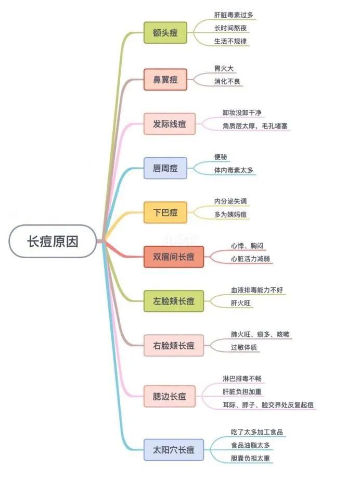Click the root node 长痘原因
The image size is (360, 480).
coord(53,241)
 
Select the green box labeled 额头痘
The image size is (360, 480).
coord(165,32)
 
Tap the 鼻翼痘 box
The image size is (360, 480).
coord(165,80)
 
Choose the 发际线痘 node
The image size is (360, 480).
coord(170,124)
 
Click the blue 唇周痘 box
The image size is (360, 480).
coord(165,168)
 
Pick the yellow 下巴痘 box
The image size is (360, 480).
coord(165,212)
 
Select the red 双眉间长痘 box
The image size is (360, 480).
coord(173,257)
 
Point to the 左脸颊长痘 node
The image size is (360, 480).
coord(173,301)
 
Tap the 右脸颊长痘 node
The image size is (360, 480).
coord(173,345)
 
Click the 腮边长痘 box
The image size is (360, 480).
coord(170,396)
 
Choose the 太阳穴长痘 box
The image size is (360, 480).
coord(173,450)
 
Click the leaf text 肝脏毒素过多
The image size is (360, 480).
coord(234,15)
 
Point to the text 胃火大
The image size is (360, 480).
coord(224,68)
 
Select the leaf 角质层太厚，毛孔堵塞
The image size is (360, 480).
coord(255,126)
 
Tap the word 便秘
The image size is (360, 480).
coord(221,157)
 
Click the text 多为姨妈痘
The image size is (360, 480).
coord(230,214)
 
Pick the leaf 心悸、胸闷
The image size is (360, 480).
coord(247,246)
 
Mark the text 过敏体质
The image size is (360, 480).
coord(244,347)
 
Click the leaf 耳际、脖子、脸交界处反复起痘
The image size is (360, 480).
coord(268,405)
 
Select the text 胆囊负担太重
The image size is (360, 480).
coord(250,458)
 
